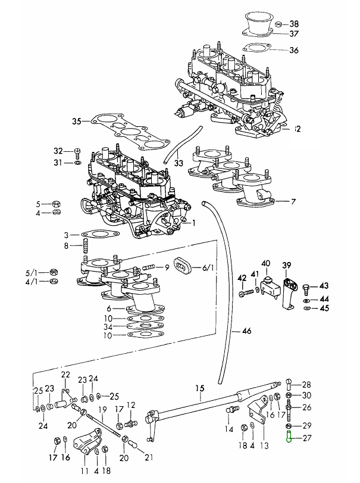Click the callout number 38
coord(295,24)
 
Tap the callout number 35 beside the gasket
coord(76,121)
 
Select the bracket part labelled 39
coord(289,292)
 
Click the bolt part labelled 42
coord(242,293)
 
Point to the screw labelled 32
coord(78,151)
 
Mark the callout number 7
coord(293,202)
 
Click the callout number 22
coord(65,375)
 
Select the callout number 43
coord(324,286)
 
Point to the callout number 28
coord(306,384)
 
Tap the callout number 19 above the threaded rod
coord(102,409)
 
